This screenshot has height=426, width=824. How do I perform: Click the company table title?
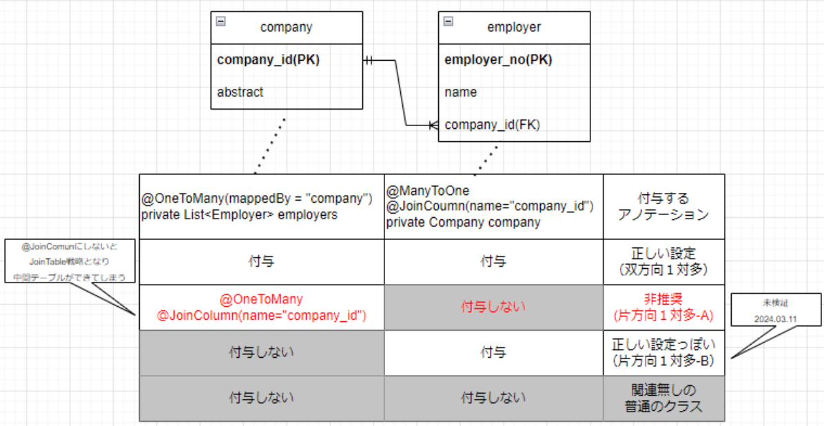coord(286,28)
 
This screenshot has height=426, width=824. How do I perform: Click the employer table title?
coord(513,28)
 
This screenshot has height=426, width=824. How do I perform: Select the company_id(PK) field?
coord(268,60)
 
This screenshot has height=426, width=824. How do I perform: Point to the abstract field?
coord(240,92)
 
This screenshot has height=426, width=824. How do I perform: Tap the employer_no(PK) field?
coord(498,60)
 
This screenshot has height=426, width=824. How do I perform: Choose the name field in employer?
coord(460,92)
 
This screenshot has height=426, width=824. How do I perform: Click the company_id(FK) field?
coord(492,125)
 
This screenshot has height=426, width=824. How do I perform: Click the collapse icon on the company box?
coord(220,21)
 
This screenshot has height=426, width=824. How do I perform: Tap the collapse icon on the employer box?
coord(449,21)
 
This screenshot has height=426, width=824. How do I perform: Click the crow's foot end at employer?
coord(433,125)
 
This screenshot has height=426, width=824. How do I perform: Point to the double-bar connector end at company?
coord(369,61)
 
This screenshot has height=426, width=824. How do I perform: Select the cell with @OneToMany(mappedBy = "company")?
coord(261,206)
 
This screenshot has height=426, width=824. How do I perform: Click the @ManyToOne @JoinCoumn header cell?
coord(493,206)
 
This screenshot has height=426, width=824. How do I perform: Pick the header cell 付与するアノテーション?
coord(663,206)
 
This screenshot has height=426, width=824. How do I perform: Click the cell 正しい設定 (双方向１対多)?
coord(663,261)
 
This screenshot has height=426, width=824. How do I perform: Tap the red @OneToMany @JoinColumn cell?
coord(261,307)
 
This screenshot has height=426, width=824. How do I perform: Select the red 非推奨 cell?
coord(663,307)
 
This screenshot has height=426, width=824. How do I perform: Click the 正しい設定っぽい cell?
coord(663,352)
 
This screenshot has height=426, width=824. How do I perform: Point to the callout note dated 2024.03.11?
coord(785,310)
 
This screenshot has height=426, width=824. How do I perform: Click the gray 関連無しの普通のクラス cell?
coord(663,398)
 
